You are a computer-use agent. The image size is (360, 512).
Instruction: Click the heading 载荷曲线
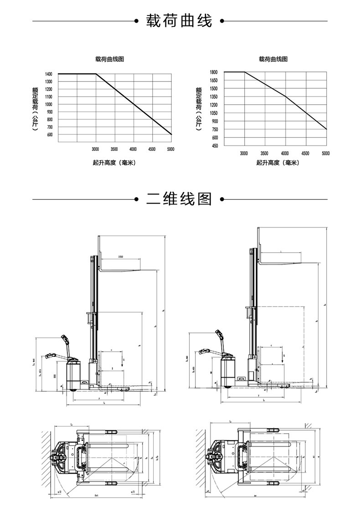[179, 21]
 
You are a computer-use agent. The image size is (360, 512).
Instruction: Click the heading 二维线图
[179, 199]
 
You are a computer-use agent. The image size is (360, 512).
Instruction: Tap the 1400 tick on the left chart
[49, 74]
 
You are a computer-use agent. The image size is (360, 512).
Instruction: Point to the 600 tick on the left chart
[49, 135]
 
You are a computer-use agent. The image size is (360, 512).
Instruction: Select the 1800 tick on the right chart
[214, 72]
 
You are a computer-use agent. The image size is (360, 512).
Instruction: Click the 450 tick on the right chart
[214, 146]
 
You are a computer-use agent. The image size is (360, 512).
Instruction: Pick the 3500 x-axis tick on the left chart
[114, 149]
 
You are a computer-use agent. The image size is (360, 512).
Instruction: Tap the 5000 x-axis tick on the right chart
[326, 154]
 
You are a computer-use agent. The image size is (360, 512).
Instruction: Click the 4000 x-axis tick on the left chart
[133, 149]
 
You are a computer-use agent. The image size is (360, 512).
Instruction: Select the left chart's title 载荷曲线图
[109, 59]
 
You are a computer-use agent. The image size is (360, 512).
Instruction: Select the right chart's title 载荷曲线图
[273, 59]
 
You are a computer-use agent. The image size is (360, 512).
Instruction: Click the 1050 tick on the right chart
[214, 113]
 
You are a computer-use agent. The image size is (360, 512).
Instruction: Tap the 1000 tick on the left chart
[49, 104]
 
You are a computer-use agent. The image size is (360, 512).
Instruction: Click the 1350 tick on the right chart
[214, 97]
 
